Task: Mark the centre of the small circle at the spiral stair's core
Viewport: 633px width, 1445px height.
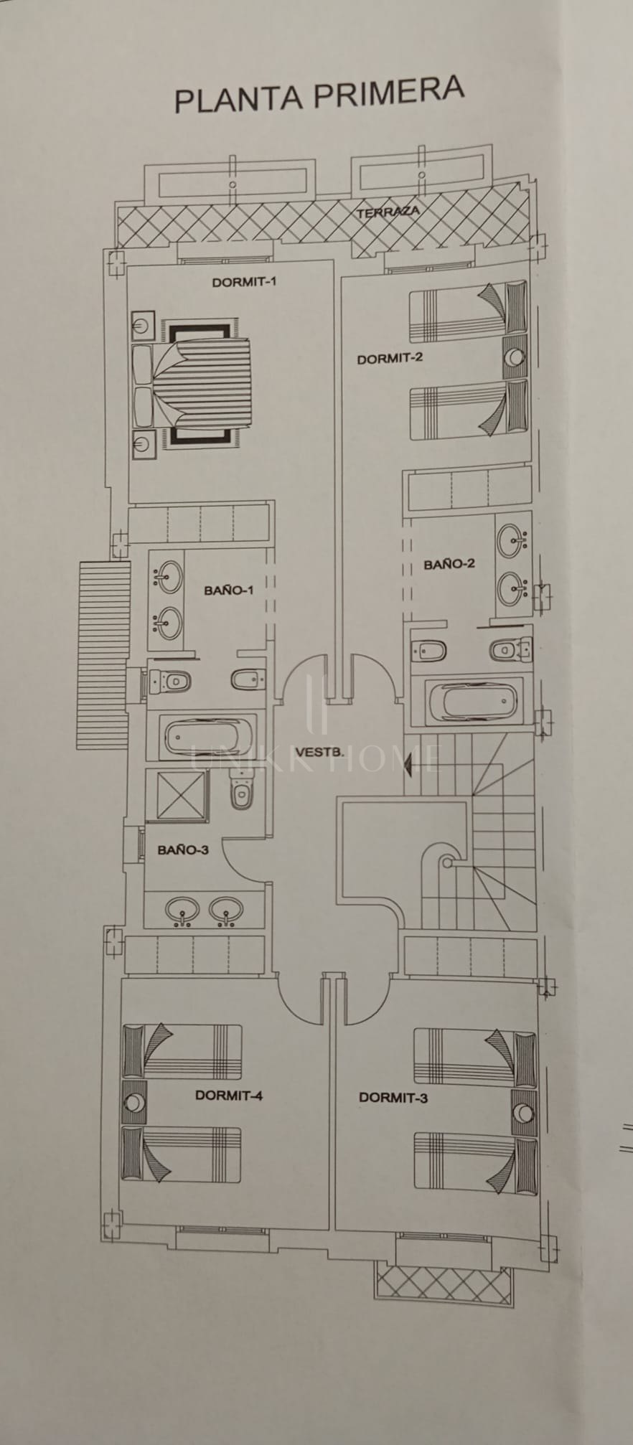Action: (x=449, y=861)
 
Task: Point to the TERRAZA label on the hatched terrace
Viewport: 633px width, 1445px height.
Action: (x=388, y=211)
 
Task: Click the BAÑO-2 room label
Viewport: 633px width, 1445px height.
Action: (x=449, y=565)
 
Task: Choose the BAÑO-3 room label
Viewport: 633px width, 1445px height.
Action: (x=183, y=850)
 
